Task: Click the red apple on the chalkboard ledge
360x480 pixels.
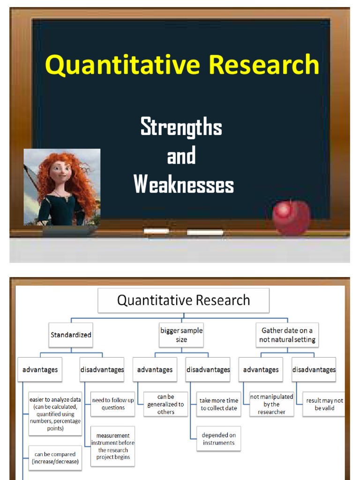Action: tap(291, 218)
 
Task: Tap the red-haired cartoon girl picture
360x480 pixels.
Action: tap(62, 187)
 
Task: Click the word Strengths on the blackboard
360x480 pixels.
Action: tap(181, 127)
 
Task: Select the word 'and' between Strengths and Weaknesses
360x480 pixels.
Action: tap(181, 156)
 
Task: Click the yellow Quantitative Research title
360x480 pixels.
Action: tap(182, 65)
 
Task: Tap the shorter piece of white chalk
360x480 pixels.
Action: tap(156, 231)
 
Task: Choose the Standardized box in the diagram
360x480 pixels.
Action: tap(71, 335)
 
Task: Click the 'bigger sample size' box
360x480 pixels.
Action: tap(181, 335)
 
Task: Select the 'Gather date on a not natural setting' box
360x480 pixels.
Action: tap(287, 335)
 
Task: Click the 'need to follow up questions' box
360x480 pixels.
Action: tap(113, 404)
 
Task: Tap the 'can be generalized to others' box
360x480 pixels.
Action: tap(165, 404)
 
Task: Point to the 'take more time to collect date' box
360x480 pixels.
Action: tap(219, 404)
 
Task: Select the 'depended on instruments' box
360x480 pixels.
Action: tap(219, 439)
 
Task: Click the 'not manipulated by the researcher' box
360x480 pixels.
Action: tap(271, 404)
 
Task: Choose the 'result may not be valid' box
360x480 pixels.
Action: tap(324, 404)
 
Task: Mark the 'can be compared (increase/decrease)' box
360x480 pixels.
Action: tap(55, 457)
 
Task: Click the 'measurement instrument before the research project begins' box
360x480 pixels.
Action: tap(113, 446)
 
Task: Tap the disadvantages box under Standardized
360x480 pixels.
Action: tap(102, 369)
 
